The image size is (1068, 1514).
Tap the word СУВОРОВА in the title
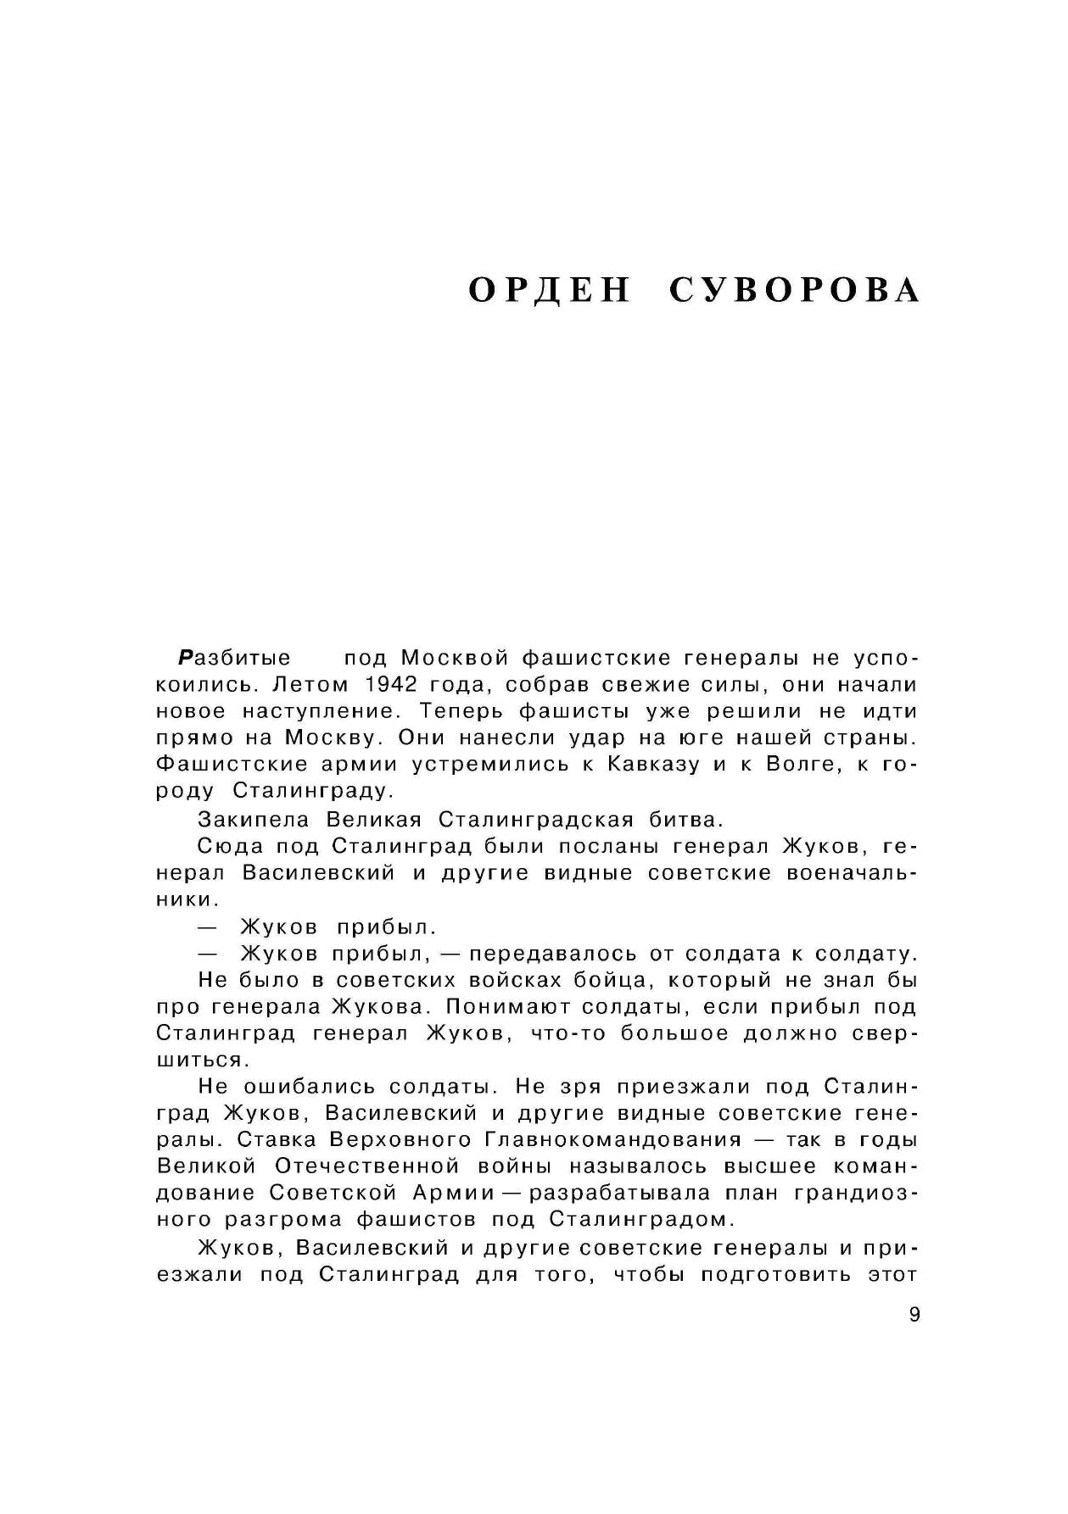[794, 290]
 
